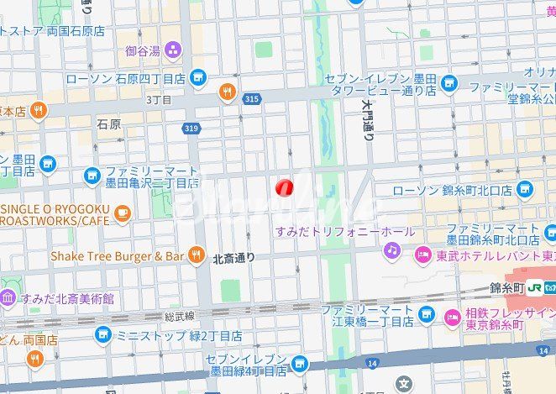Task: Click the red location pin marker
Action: (286, 186)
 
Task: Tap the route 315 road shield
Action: (251, 99)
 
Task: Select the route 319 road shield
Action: (191, 128)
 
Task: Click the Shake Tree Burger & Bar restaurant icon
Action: (197, 254)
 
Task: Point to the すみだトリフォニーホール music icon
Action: (392, 250)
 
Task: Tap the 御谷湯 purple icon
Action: (173, 50)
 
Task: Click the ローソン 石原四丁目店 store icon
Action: (198, 77)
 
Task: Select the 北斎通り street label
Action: (233, 258)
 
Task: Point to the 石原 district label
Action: (108, 123)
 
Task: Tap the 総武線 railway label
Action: (180, 316)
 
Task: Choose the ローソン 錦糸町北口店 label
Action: (452, 191)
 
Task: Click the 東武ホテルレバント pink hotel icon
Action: (422, 255)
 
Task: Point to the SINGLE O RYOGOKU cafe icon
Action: (123, 213)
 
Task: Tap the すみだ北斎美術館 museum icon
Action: (8, 297)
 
